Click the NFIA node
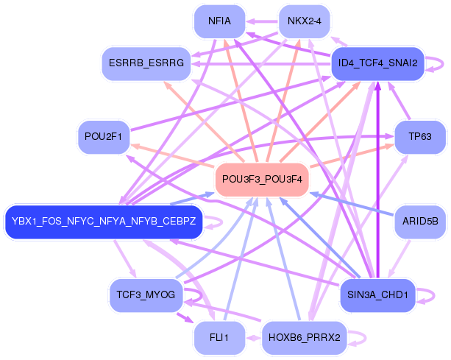tap(219, 21)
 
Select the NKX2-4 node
tap(305, 21)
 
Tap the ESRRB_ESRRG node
tap(146, 63)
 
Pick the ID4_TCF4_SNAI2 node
tap(377, 63)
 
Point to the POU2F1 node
tap(104, 137)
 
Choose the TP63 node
tap(420, 137)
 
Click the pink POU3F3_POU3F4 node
tap(262, 180)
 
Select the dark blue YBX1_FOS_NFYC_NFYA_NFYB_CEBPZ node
tap(104, 222)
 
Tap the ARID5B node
tap(420, 222)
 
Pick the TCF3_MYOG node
tap(146, 295)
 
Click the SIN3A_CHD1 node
tap(377, 295)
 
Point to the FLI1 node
tap(219, 338)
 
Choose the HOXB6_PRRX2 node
tap(305, 338)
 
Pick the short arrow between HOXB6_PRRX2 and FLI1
tap(253, 338)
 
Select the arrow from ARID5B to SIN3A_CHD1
tap(399, 258)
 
